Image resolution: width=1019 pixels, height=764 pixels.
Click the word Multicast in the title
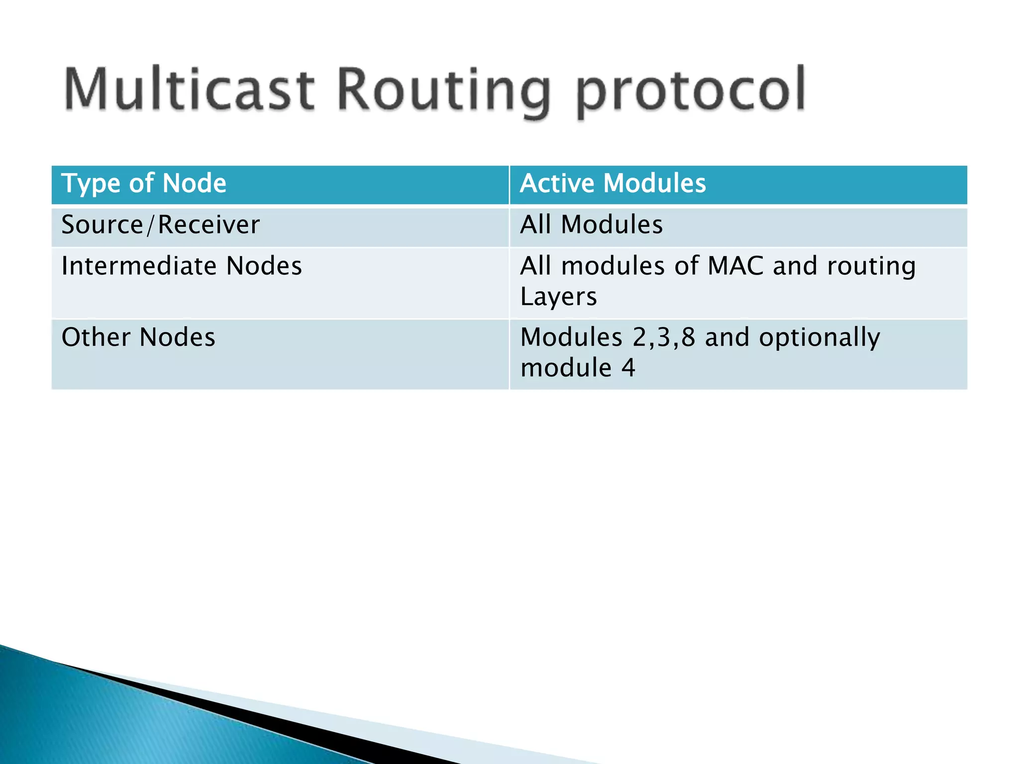pos(189,90)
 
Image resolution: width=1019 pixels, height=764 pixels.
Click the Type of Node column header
pos(144,183)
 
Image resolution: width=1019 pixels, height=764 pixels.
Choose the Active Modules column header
pos(612,183)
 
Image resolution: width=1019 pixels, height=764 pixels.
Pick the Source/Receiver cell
pos(160,225)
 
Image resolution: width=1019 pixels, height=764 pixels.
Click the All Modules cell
pos(591,225)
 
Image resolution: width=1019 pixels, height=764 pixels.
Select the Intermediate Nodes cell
pos(182,266)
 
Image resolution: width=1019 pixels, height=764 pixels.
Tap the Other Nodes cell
pos(138,337)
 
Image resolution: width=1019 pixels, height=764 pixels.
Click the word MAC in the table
pos(735,266)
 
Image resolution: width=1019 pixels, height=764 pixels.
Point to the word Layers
pos(558,297)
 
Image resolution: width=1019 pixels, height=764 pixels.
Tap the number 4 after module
pos(628,368)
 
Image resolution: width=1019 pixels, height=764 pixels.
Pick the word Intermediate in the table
pos(139,266)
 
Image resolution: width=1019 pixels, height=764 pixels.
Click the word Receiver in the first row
pos(208,225)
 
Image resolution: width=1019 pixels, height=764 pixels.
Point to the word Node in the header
pos(194,183)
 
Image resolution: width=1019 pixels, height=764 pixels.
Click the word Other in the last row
pos(96,337)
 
